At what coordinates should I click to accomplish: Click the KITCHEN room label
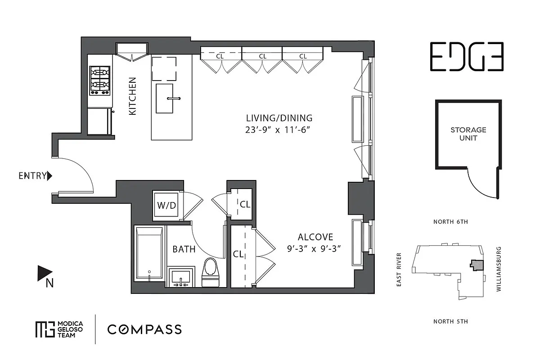133,96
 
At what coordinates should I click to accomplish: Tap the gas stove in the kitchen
99,80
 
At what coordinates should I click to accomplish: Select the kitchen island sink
165,98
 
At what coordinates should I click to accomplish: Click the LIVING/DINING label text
279,118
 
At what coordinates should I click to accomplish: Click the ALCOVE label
315,237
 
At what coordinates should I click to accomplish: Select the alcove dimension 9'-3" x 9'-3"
315,249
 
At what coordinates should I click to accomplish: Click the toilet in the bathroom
210,272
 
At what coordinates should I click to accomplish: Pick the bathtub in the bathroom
149,255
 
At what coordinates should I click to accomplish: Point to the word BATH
184,249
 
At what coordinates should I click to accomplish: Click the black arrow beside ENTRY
50,176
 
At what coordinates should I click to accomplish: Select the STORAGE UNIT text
468,134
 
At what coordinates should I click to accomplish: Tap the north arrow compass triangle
44,273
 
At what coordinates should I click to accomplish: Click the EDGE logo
466,57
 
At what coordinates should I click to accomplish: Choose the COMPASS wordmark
144,329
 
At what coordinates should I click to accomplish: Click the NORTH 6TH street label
450,222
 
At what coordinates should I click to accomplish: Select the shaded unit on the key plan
476,264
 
